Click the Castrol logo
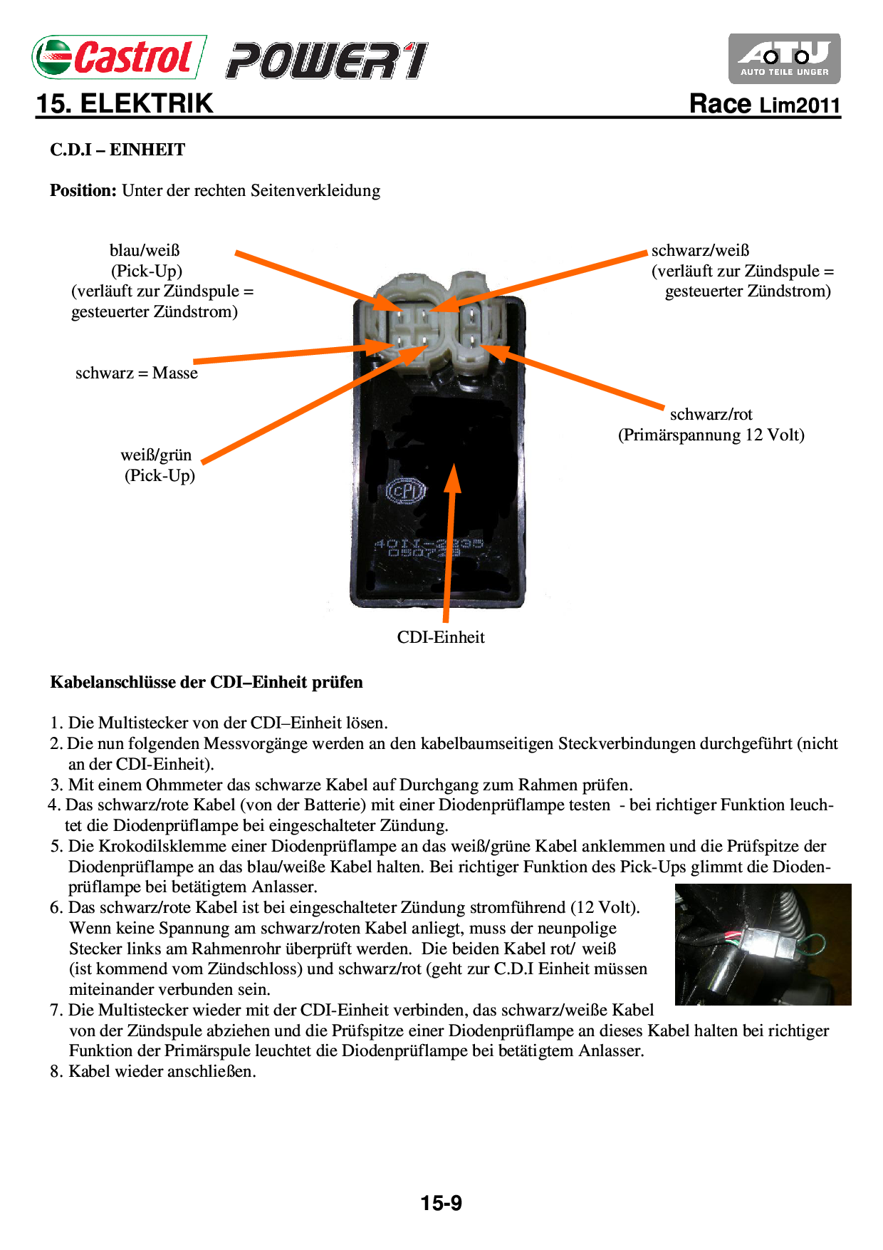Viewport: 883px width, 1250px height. click(120, 57)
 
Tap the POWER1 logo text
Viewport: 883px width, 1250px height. click(327, 61)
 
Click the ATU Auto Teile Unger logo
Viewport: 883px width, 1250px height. click(784, 58)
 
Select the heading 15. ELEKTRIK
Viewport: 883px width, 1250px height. click(125, 103)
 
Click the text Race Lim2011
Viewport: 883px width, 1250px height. click(765, 104)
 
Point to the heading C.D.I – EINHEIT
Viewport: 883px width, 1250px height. click(117, 150)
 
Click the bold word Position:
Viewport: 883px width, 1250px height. click(83, 190)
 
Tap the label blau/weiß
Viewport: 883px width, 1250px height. click(145, 250)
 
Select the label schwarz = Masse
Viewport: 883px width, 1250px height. click(137, 373)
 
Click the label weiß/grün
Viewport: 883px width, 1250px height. click(156, 455)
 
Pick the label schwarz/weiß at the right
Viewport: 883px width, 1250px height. click(700, 250)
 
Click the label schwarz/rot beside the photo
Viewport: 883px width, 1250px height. click(711, 414)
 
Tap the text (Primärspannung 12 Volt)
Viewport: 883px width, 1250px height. click(711, 435)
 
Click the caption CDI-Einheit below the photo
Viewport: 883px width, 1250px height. click(441, 637)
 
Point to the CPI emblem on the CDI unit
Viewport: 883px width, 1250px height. click(406, 490)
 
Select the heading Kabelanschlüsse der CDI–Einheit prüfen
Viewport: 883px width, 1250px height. click(207, 682)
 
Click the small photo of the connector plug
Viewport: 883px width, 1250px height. click(763, 944)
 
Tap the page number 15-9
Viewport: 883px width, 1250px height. click(441, 1203)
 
